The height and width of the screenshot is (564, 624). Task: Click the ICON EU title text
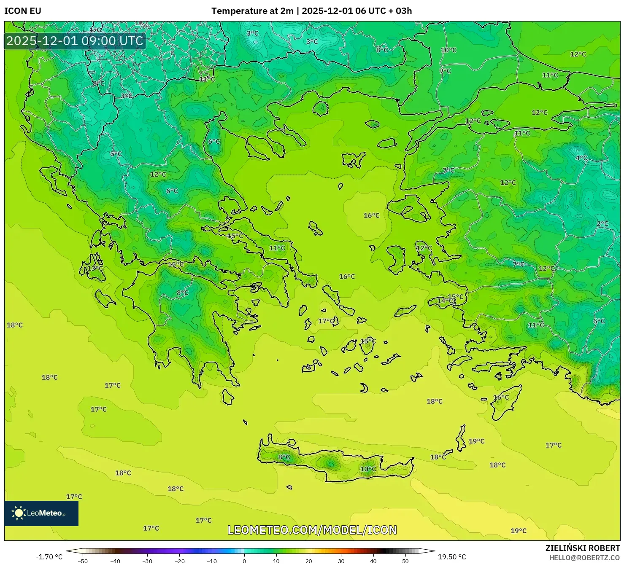[x=23, y=11]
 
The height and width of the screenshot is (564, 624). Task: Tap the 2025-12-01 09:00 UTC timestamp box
[x=75, y=41]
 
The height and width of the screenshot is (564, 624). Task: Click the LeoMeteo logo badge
[x=41, y=513]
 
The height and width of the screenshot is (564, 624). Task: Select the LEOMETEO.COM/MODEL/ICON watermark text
[x=312, y=530]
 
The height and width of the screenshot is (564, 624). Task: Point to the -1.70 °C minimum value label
[x=49, y=557]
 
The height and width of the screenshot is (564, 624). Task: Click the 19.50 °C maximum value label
[x=452, y=557]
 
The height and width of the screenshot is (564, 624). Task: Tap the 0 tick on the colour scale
[x=244, y=561]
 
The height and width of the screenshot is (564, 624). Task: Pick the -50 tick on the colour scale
[x=83, y=561]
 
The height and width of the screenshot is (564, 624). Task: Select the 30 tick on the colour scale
[x=341, y=561]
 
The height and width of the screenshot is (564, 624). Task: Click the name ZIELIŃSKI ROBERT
[x=582, y=548]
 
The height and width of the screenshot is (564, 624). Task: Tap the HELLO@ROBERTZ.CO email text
[x=584, y=557]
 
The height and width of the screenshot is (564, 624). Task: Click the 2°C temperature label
[x=602, y=224]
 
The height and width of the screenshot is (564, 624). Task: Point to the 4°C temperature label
[x=581, y=158]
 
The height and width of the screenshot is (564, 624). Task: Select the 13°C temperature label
[x=95, y=269]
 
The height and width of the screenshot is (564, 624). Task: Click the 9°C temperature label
[x=445, y=71]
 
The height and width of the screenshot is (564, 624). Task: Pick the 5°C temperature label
[x=116, y=154]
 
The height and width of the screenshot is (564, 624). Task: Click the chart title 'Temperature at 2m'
[x=252, y=11]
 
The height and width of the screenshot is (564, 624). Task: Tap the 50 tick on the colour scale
[x=405, y=561]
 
